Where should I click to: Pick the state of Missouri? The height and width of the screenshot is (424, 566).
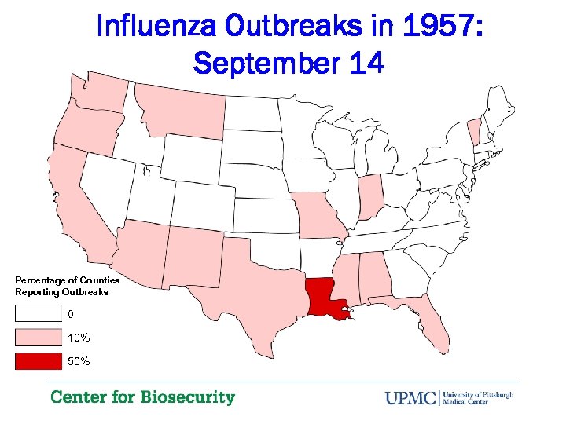tap(318, 215)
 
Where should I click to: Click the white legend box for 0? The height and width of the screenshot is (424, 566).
tap(38, 314)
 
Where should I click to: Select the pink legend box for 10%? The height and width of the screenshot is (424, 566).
tap(38, 338)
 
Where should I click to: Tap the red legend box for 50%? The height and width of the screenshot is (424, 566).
tap(38, 361)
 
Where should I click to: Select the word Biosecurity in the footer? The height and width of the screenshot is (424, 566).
tap(188, 397)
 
